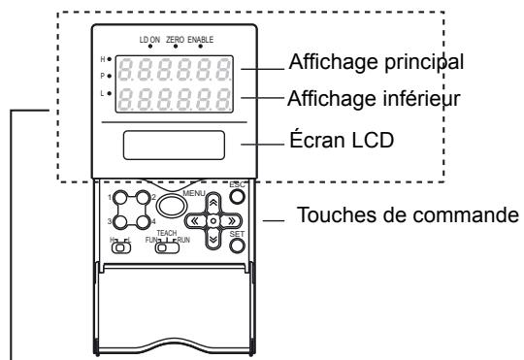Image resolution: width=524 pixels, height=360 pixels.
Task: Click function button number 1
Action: pos(119,198)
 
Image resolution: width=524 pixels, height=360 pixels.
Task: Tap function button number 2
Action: pos(143,198)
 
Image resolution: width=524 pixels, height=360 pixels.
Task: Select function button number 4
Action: pos(143,221)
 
